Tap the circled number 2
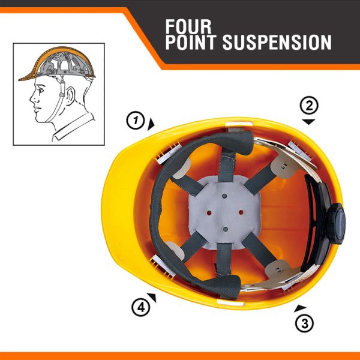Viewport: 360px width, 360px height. (x=308, y=106)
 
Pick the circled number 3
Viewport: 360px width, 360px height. (x=304, y=323)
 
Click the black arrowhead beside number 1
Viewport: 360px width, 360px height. (x=151, y=122)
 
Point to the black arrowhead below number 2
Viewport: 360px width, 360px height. (x=308, y=121)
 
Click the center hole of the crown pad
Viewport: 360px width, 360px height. (x=223, y=214)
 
